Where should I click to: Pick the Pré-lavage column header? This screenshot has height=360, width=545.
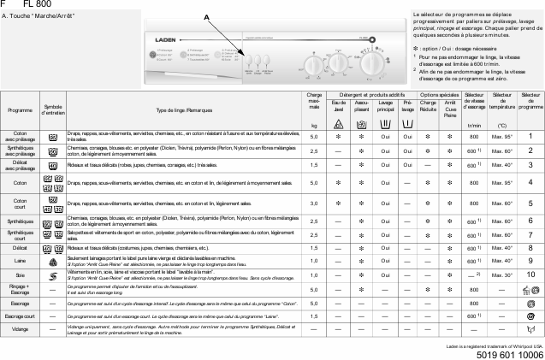pos(408,106)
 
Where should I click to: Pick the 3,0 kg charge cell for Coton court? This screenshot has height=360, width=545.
pos(314,204)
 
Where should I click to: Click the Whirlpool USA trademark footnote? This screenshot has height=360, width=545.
pos(495,345)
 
